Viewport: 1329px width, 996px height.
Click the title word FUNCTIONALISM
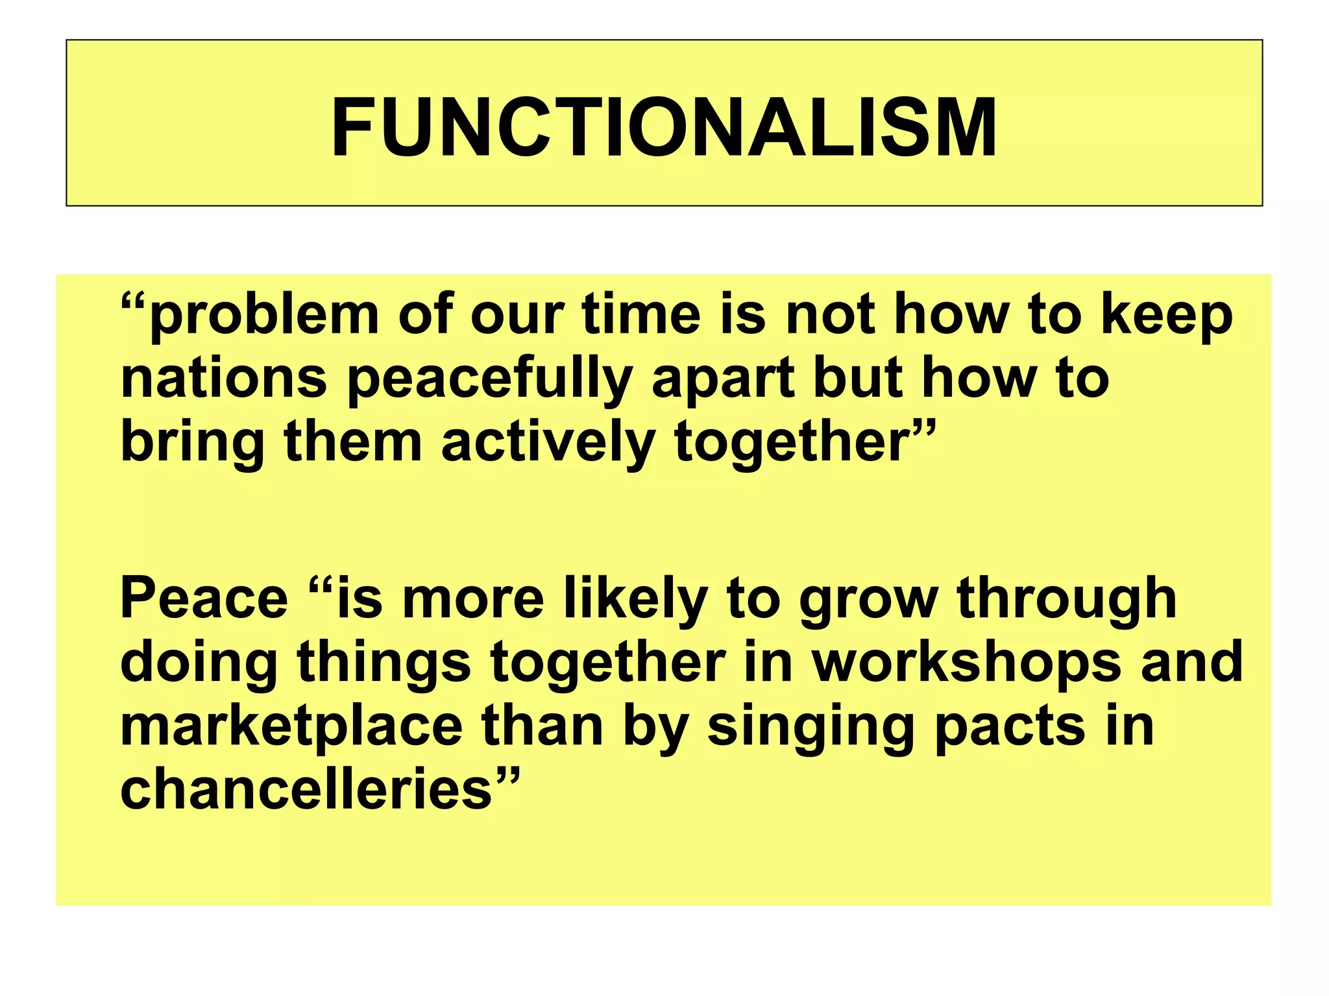[664, 127]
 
